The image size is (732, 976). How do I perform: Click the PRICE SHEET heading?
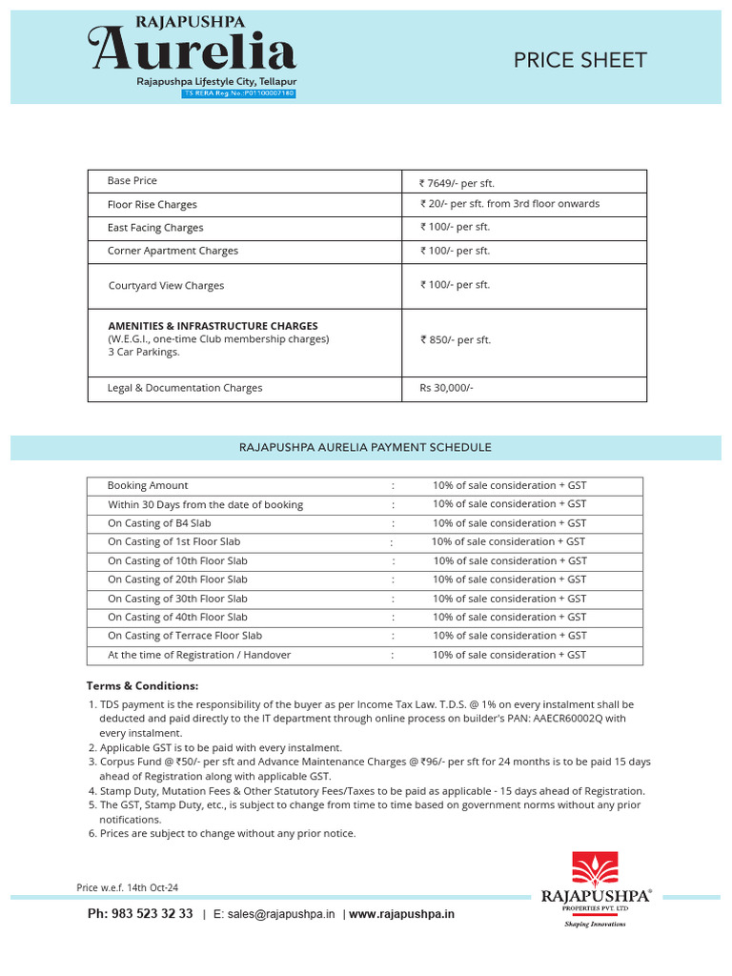point(579,60)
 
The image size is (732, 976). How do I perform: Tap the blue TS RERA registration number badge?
point(238,93)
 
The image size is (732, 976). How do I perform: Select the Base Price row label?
point(132,180)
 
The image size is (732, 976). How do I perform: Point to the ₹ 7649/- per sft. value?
point(457,183)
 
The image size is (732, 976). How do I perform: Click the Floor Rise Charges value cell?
point(510,204)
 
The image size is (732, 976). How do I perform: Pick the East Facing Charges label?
point(155,228)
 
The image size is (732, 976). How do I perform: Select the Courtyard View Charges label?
point(167,285)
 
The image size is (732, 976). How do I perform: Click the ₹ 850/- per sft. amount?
point(456,339)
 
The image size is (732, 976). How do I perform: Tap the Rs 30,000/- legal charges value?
point(446,388)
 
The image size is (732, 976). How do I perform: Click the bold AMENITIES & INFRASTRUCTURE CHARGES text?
point(213,326)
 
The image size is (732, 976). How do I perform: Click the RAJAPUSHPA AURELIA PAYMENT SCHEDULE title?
point(365,446)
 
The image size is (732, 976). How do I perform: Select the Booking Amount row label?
point(148,485)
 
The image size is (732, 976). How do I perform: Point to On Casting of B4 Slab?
point(159,523)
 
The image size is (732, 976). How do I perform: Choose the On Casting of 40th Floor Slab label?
point(177,617)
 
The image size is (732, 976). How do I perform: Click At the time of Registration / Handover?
point(199,655)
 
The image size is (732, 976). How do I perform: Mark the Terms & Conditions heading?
point(142,685)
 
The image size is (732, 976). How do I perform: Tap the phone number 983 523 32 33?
point(140,913)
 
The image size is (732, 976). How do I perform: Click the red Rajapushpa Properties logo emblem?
point(595,869)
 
